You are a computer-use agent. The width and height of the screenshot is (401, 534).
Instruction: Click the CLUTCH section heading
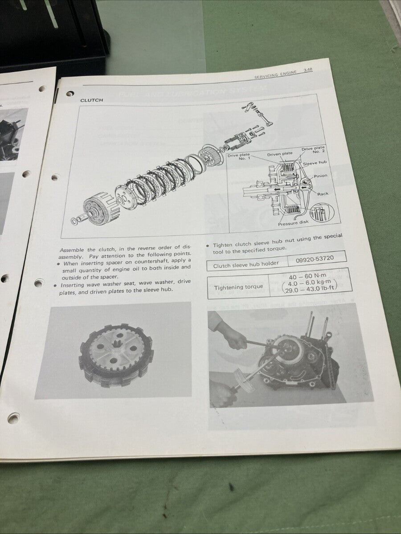tap(91, 100)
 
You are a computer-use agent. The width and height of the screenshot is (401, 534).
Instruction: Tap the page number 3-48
tap(307, 70)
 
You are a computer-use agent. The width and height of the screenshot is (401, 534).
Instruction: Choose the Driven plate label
tap(279, 154)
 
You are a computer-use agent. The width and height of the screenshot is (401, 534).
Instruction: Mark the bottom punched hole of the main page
tap(13, 418)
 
